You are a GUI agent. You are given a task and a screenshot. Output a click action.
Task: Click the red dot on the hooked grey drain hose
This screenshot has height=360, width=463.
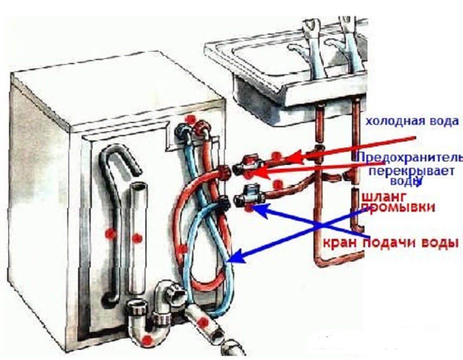[x=109, y=234]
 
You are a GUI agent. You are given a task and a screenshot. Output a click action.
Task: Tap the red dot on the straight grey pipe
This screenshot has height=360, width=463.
[x=137, y=236]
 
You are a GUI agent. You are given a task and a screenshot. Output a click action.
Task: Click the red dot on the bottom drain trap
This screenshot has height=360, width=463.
[x=146, y=340]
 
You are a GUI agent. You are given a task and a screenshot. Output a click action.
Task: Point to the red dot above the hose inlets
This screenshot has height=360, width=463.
[x=191, y=119]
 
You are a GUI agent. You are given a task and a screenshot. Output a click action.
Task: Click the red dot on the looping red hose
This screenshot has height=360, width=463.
[x=183, y=249]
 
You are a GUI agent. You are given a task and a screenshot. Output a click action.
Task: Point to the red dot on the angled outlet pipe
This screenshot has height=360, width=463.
[x=203, y=323]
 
